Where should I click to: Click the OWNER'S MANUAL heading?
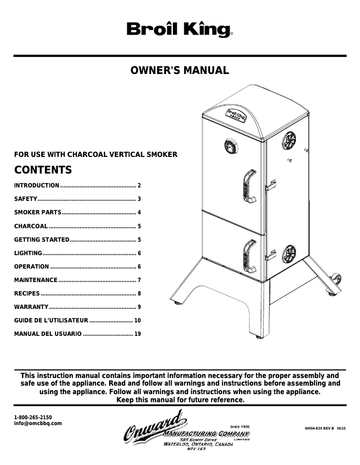click(180, 70)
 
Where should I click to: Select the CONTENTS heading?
click(43, 170)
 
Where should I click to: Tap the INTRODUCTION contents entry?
click(37, 185)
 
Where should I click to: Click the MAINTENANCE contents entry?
click(36, 280)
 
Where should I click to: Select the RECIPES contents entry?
click(27, 293)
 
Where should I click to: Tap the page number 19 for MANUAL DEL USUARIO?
click(138, 334)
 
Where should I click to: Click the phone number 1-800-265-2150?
click(33, 417)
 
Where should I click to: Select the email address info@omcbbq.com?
click(38, 423)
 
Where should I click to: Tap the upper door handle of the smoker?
click(247, 185)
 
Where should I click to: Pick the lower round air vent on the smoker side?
click(290, 254)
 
